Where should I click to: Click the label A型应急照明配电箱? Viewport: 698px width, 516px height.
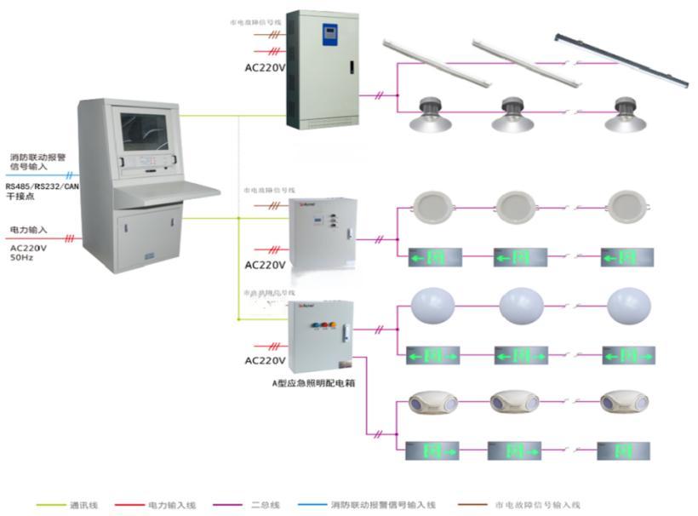point(313,383)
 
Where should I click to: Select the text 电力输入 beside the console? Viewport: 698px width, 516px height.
point(28,230)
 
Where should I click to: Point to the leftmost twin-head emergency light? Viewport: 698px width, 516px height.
point(429,402)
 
